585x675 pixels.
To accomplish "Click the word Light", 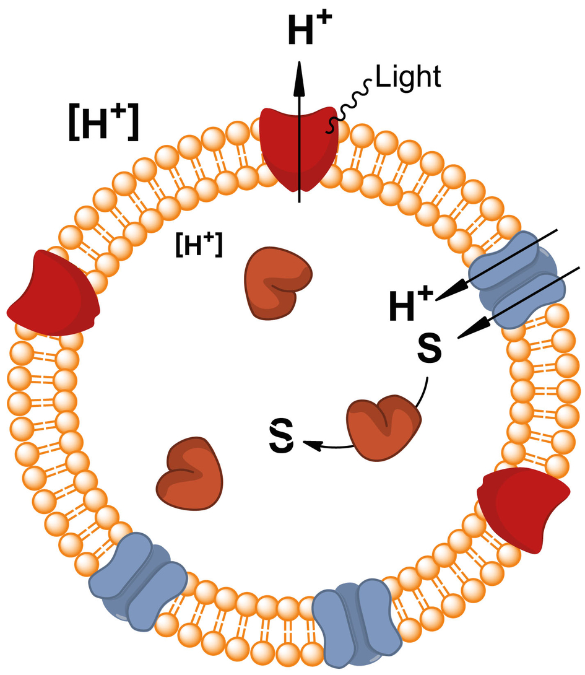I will click(x=409, y=77).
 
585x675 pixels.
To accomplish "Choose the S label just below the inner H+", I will click(x=429, y=349).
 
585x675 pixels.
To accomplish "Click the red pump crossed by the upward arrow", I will click(x=298, y=149).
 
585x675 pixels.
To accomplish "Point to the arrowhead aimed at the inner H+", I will click(x=448, y=294).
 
